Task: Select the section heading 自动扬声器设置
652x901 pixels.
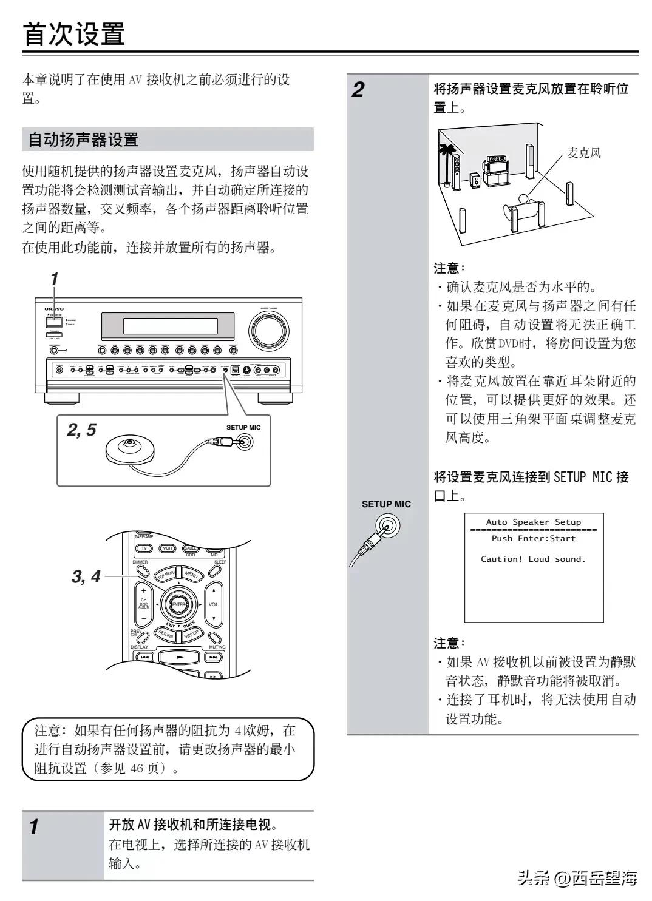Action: point(84,140)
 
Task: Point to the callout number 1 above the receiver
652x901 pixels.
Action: point(54,279)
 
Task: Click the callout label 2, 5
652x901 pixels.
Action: point(81,430)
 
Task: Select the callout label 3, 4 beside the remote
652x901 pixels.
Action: point(86,576)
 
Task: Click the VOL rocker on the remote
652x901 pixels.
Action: point(213,604)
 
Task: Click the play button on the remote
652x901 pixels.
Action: point(179,656)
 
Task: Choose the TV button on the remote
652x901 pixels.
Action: point(144,548)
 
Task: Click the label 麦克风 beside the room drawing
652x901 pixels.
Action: point(583,153)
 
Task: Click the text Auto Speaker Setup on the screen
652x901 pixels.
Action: point(533,522)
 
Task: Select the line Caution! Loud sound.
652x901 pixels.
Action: point(533,559)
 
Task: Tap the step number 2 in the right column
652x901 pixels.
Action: point(359,91)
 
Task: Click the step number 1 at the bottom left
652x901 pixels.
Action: point(35,826)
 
